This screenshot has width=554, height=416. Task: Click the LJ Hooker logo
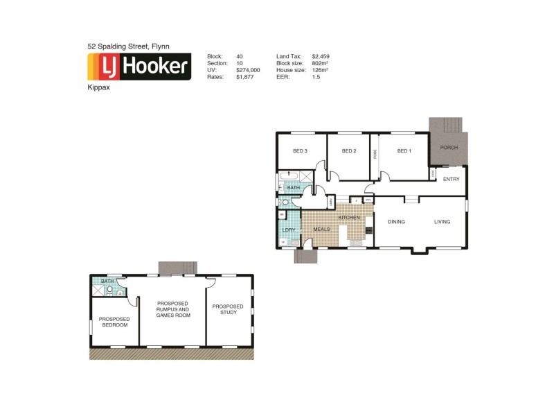(x=138, y=67)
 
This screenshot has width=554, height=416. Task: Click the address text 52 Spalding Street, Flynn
(x=129, y=46)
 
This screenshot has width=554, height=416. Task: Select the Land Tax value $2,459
(x=321, y=55)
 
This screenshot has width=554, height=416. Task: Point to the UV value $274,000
(x=247, y=70)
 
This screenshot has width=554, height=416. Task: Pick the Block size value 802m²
(x=320, y=63)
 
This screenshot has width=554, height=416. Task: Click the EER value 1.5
(x=316, y=78)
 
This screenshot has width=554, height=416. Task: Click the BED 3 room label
(x=300, y=151)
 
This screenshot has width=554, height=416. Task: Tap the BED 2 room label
(x=349, y=151)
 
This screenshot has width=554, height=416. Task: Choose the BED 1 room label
(x=404, y=151)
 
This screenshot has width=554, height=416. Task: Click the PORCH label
(x=449, y=148)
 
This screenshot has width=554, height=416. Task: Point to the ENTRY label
(x=451, y=180)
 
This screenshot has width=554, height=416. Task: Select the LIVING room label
(x=442, y=222)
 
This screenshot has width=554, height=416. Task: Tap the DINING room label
(x=396, y=222)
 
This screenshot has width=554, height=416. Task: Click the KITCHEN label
(x=349, y=218)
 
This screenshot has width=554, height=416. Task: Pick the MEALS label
(x=321, y=229)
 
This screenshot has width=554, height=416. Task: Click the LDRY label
(x=289, y=229)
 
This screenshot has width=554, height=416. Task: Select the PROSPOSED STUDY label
(x=228, y=309)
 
